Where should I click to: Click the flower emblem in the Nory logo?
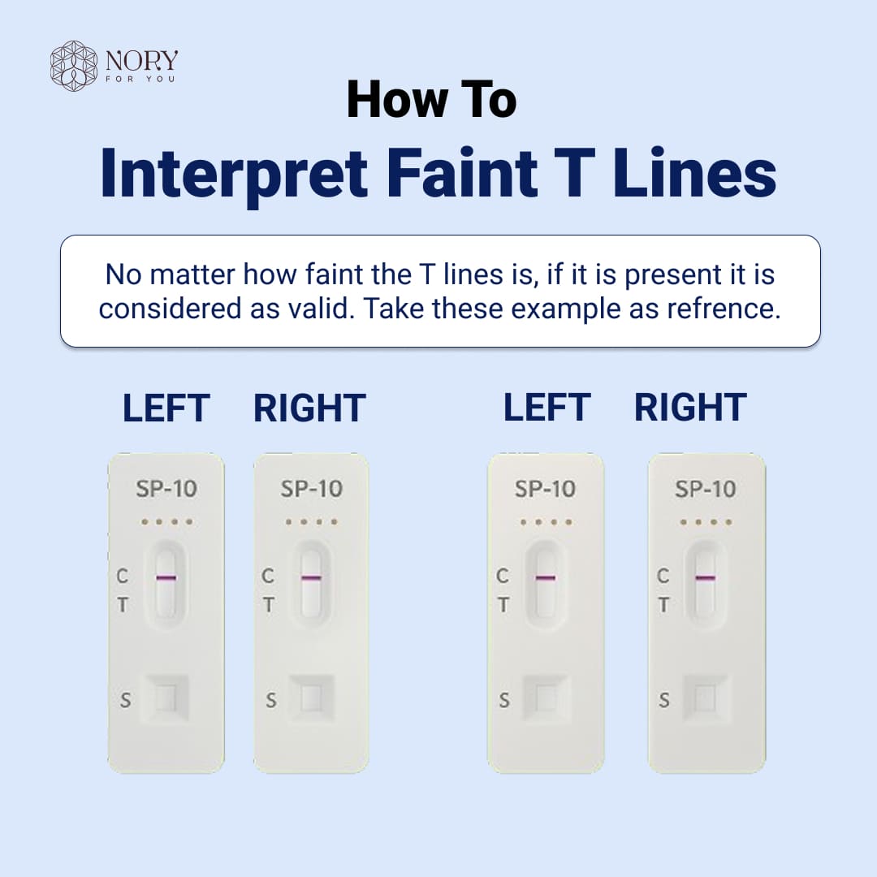(74, 66)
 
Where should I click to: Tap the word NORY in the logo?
(141, 60)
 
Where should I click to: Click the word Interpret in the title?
(235, 174)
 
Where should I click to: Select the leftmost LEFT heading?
(166, 408)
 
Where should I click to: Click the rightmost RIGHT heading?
(690, 408)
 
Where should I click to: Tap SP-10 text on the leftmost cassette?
(166, 489)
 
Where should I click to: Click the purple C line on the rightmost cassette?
(705, 578)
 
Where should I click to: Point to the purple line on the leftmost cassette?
(166, 578)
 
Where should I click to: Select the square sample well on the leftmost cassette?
(166, 698)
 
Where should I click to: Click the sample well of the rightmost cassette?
(705, 698)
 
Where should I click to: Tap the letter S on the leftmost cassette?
(125, 700)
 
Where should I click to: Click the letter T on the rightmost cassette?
(663, 605)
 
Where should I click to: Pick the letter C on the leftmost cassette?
(123, 576)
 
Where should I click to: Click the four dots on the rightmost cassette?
(705, 522)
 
